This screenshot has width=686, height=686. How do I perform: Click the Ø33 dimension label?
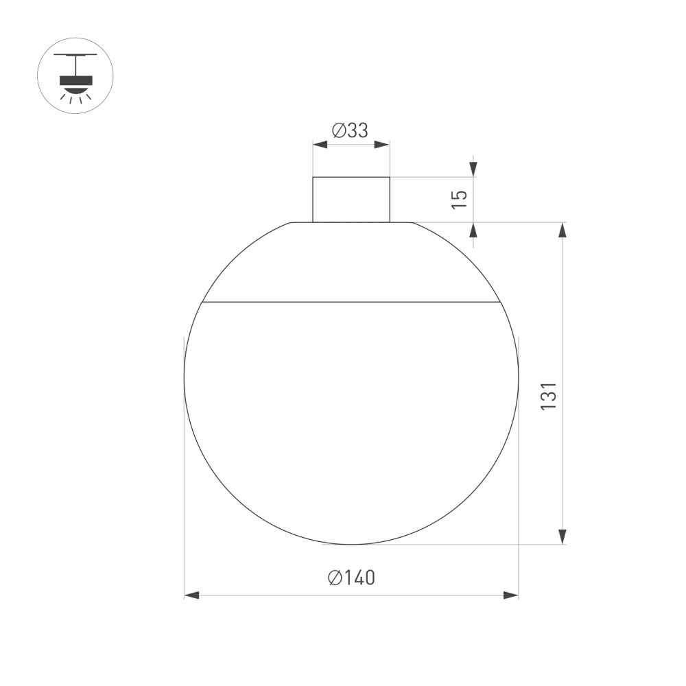pyautogui.click(x=351, y=130)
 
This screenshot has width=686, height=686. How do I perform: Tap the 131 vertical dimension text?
pyautogui.click(x=548, y=397)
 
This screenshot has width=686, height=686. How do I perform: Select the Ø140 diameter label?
pyautogui.click(x=351, y=578)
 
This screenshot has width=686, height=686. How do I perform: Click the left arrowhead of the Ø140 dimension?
pyautogui.click(x=191, y=595)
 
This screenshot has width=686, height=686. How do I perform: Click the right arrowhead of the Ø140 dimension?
pyautogui.click(x=511, y=595)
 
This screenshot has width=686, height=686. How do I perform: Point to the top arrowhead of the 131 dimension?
pyautogui.click(x=563, y=230)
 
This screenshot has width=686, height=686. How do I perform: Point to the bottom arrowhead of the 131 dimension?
pyautogui.click(x=563, y=536)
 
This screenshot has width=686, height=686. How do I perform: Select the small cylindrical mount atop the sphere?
pyautogui.click(x=351, y=200)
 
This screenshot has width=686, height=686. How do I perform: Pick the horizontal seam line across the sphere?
pyautogui.click(x=351, y=302)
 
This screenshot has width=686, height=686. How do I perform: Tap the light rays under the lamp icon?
pyautogui.click(x=75, y=98)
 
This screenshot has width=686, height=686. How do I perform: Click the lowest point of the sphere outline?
pyautogui.click(x=351, y=544)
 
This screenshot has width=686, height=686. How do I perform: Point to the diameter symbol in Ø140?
pyautogui.click(x=335, y=578)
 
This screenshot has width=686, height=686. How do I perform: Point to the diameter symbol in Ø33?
pyautogui.click(x=338, y=130)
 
